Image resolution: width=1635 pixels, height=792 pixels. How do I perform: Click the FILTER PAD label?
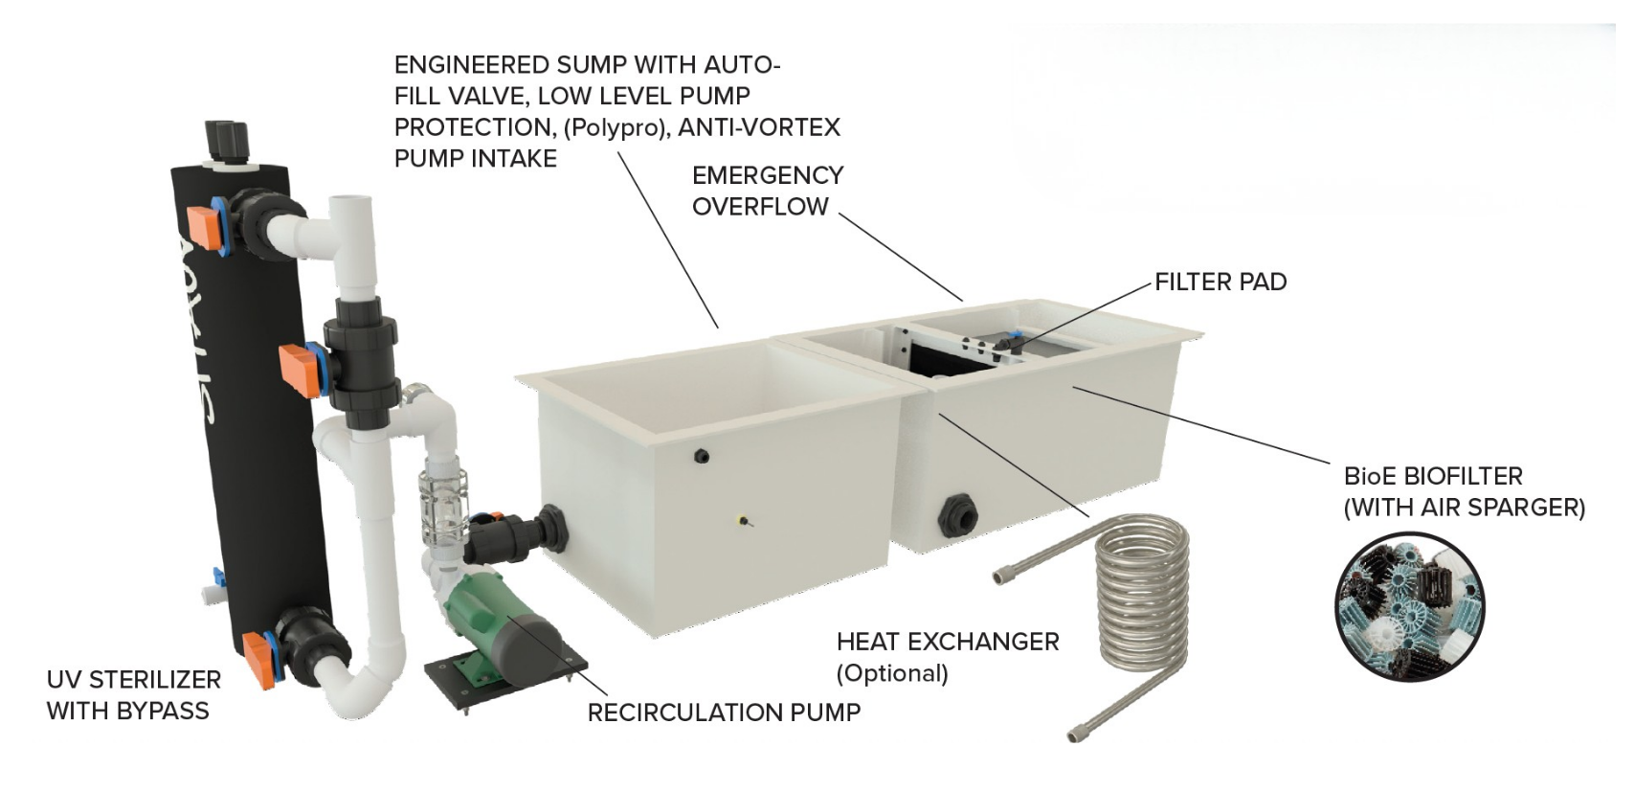1220,282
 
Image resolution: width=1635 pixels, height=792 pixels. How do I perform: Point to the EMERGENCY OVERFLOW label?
767,190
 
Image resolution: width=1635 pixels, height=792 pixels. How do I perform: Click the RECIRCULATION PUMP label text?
724,713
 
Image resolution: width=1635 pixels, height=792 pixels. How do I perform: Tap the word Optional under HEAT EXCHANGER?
892,673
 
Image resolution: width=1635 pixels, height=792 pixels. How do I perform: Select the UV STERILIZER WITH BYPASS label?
134,695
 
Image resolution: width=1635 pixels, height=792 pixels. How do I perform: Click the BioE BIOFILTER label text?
1432,476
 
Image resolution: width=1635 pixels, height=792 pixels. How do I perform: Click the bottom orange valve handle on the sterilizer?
260,660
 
